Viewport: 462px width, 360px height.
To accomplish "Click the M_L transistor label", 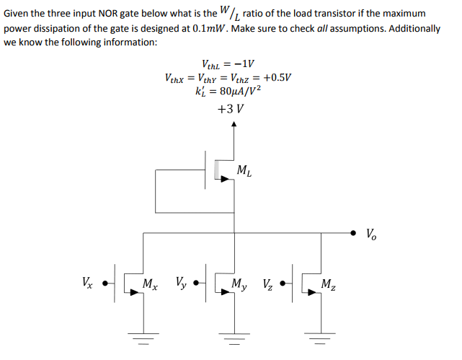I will coord(244,172).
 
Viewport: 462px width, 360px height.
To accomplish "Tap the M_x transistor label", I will coord(151,284).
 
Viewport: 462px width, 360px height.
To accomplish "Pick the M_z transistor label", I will coord(328,284).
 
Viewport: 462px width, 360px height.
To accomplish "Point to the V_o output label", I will coord(370,233).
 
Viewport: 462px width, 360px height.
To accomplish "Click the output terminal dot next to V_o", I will coord(352,233).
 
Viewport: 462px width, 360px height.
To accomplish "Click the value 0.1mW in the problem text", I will coord(213,28).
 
